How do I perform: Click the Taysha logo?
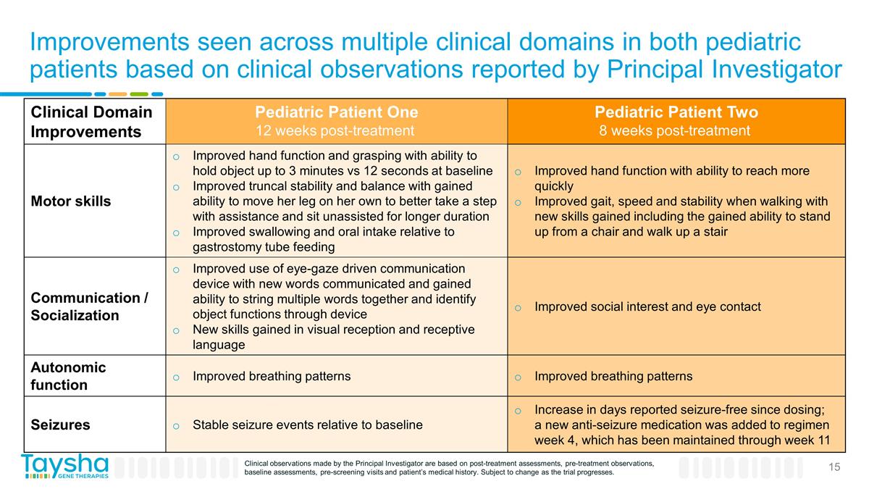coord(64,467)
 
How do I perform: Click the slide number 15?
coord(834,467)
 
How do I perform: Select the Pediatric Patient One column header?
coord(336,113)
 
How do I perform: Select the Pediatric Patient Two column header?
coord(676,113)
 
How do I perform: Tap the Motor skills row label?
coord(71,201)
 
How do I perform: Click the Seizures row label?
coord(60,425)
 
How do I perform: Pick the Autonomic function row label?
coord(68,376)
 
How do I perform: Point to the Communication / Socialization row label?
coord(89,306)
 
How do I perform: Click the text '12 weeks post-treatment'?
coord(336,131)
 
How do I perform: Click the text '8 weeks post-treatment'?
coord(674,131)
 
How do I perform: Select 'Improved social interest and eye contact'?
coord(647,306)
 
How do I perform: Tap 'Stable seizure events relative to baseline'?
coord(307,425)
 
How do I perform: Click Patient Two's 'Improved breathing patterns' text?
coord(613,376)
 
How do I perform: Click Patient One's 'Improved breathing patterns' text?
coord(272,376)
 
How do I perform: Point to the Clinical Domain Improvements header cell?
coord(91,122)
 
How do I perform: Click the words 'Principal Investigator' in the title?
coord(723,70)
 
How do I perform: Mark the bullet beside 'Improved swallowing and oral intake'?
coord(176,232)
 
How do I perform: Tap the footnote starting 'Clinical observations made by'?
coord(449,467)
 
